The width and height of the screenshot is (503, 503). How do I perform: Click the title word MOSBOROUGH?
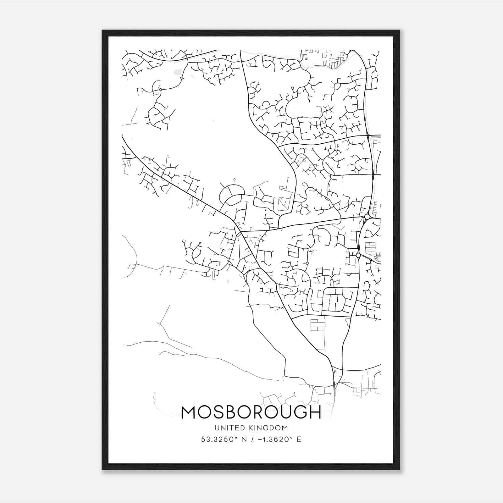tap(251, 412)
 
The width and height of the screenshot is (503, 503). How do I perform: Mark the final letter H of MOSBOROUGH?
tap(315, 412)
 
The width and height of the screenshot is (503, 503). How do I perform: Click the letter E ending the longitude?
tap(299, 439)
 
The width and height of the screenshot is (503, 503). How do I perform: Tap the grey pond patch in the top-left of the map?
tap(178, 72)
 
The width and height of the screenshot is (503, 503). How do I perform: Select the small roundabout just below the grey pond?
tap(182, 78)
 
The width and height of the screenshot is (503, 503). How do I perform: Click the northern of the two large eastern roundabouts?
tap(367, 217)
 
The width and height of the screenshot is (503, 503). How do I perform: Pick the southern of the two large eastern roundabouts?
tap(358, 255)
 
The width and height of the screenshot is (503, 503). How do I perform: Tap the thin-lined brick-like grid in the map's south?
tap(317, 325)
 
